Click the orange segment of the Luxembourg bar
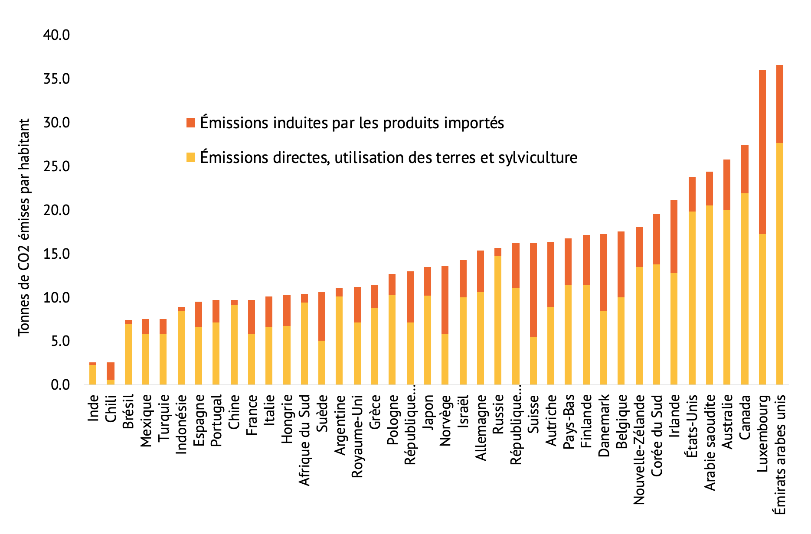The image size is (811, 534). click(x=762, y=152)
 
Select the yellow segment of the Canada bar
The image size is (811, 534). click(x=744, y=289)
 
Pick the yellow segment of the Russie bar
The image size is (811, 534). click(x=498, y=320)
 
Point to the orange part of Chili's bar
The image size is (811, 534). click(x=111, y=371)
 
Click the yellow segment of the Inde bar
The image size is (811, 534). click(x=93, y=374)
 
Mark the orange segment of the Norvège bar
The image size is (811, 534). click(x=445, y=300)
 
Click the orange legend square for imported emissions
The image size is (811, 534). click(x=190, y=123)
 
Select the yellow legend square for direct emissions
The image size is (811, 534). click(x=190, y=157)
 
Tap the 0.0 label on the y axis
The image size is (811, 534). click(x=56, y=384)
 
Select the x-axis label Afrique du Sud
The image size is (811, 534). click(x=304, y=440)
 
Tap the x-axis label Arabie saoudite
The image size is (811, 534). click(x=710, y=442)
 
